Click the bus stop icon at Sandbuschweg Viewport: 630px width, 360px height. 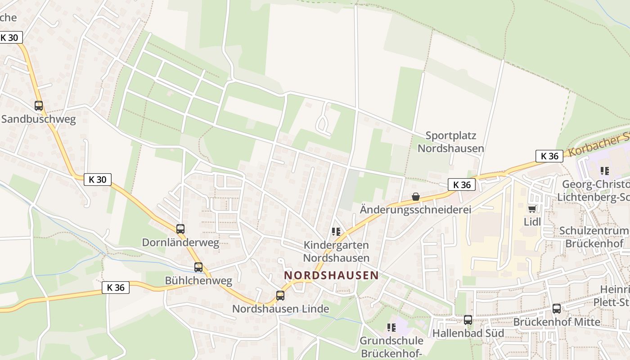point(39,106)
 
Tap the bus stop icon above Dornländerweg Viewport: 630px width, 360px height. point(180,229)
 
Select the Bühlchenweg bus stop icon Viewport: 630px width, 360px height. point(198,267)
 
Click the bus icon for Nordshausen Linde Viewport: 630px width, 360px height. point(280,295)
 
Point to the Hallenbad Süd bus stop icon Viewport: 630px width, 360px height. point(468,319)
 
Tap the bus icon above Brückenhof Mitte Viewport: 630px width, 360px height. point(557,308)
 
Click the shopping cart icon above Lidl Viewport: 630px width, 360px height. point(532,209)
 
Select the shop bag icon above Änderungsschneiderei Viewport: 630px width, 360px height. point(415,197)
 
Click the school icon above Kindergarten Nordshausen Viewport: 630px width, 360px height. point(336,232)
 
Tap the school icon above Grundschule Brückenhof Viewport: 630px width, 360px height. point(391,327)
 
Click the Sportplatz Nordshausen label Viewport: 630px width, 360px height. point(450,142)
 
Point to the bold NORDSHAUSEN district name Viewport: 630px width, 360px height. point(331,275)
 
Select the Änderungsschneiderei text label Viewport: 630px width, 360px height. point(415,210)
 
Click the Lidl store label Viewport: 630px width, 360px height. point(532,221)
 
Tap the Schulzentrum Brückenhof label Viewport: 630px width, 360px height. point(594,237)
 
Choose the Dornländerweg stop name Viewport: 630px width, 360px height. point(180,243)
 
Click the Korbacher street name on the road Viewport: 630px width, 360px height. point(598,144)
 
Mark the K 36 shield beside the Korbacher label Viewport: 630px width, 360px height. point(549,156)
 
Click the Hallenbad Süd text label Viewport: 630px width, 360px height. point(468,333)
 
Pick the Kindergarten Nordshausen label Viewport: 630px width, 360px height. point(336,252)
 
